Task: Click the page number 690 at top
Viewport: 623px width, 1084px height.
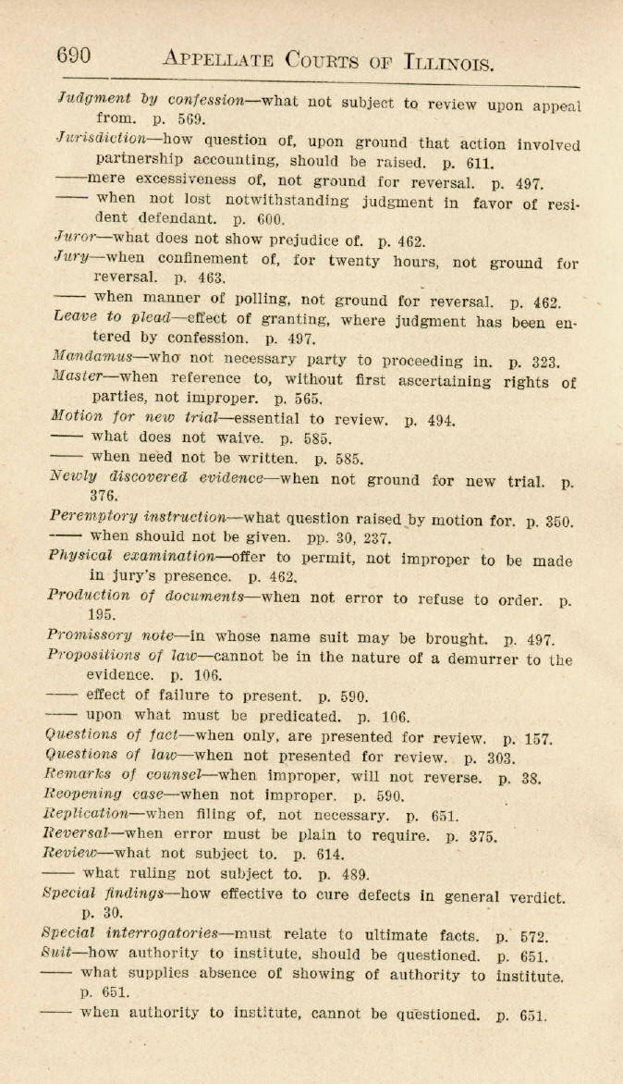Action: point(74,55)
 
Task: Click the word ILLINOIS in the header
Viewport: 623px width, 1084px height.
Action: point(450,63)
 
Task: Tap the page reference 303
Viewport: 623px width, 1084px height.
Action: point(501,758)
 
